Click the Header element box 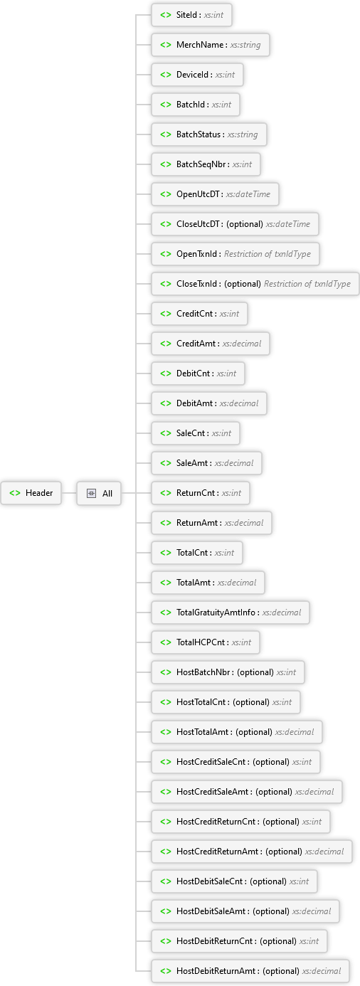31,493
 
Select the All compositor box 99,494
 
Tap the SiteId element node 191,15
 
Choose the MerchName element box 211,45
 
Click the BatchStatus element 209,134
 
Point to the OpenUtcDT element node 215,194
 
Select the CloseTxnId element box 255,284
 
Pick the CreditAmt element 211,344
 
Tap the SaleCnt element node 196,433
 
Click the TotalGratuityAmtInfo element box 231,613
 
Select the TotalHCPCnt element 206,642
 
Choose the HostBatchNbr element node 228,672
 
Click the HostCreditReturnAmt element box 252,852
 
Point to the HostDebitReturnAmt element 250,971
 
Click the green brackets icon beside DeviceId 166,75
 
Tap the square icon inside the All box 91,494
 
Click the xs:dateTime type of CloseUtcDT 288,224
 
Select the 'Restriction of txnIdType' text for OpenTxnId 268,254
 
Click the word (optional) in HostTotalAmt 254,732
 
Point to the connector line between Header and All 69,493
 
